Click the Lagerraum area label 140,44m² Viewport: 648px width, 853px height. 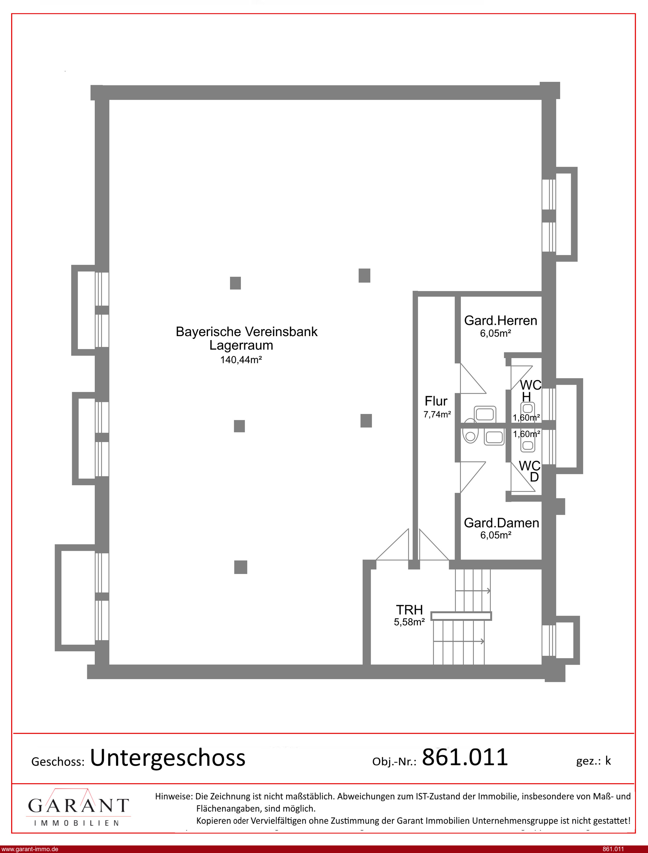click(x=241, y=360)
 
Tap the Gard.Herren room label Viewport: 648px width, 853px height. click(x=501, y=321)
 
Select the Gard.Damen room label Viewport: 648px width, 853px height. click(x=501, y=523)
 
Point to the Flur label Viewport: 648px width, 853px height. click(x=436, y=401)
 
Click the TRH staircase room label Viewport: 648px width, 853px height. click(x=410, y=610)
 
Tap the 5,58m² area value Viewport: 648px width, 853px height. click(x=409, y=622)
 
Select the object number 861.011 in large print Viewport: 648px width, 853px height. click(x=465, y=757)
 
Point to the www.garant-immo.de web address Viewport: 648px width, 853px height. click(x=30, y=849)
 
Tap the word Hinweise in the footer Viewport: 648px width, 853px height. click(x=174, y=796)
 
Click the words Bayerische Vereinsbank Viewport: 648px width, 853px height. click(x=247, y=332)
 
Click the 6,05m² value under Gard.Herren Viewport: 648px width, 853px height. click(x=496, y=334)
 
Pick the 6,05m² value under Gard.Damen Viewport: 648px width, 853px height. click(x=496, y=535)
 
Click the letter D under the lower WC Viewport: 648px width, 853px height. click(x=534, y=477)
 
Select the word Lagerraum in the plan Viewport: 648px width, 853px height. click(x=241, y=346)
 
